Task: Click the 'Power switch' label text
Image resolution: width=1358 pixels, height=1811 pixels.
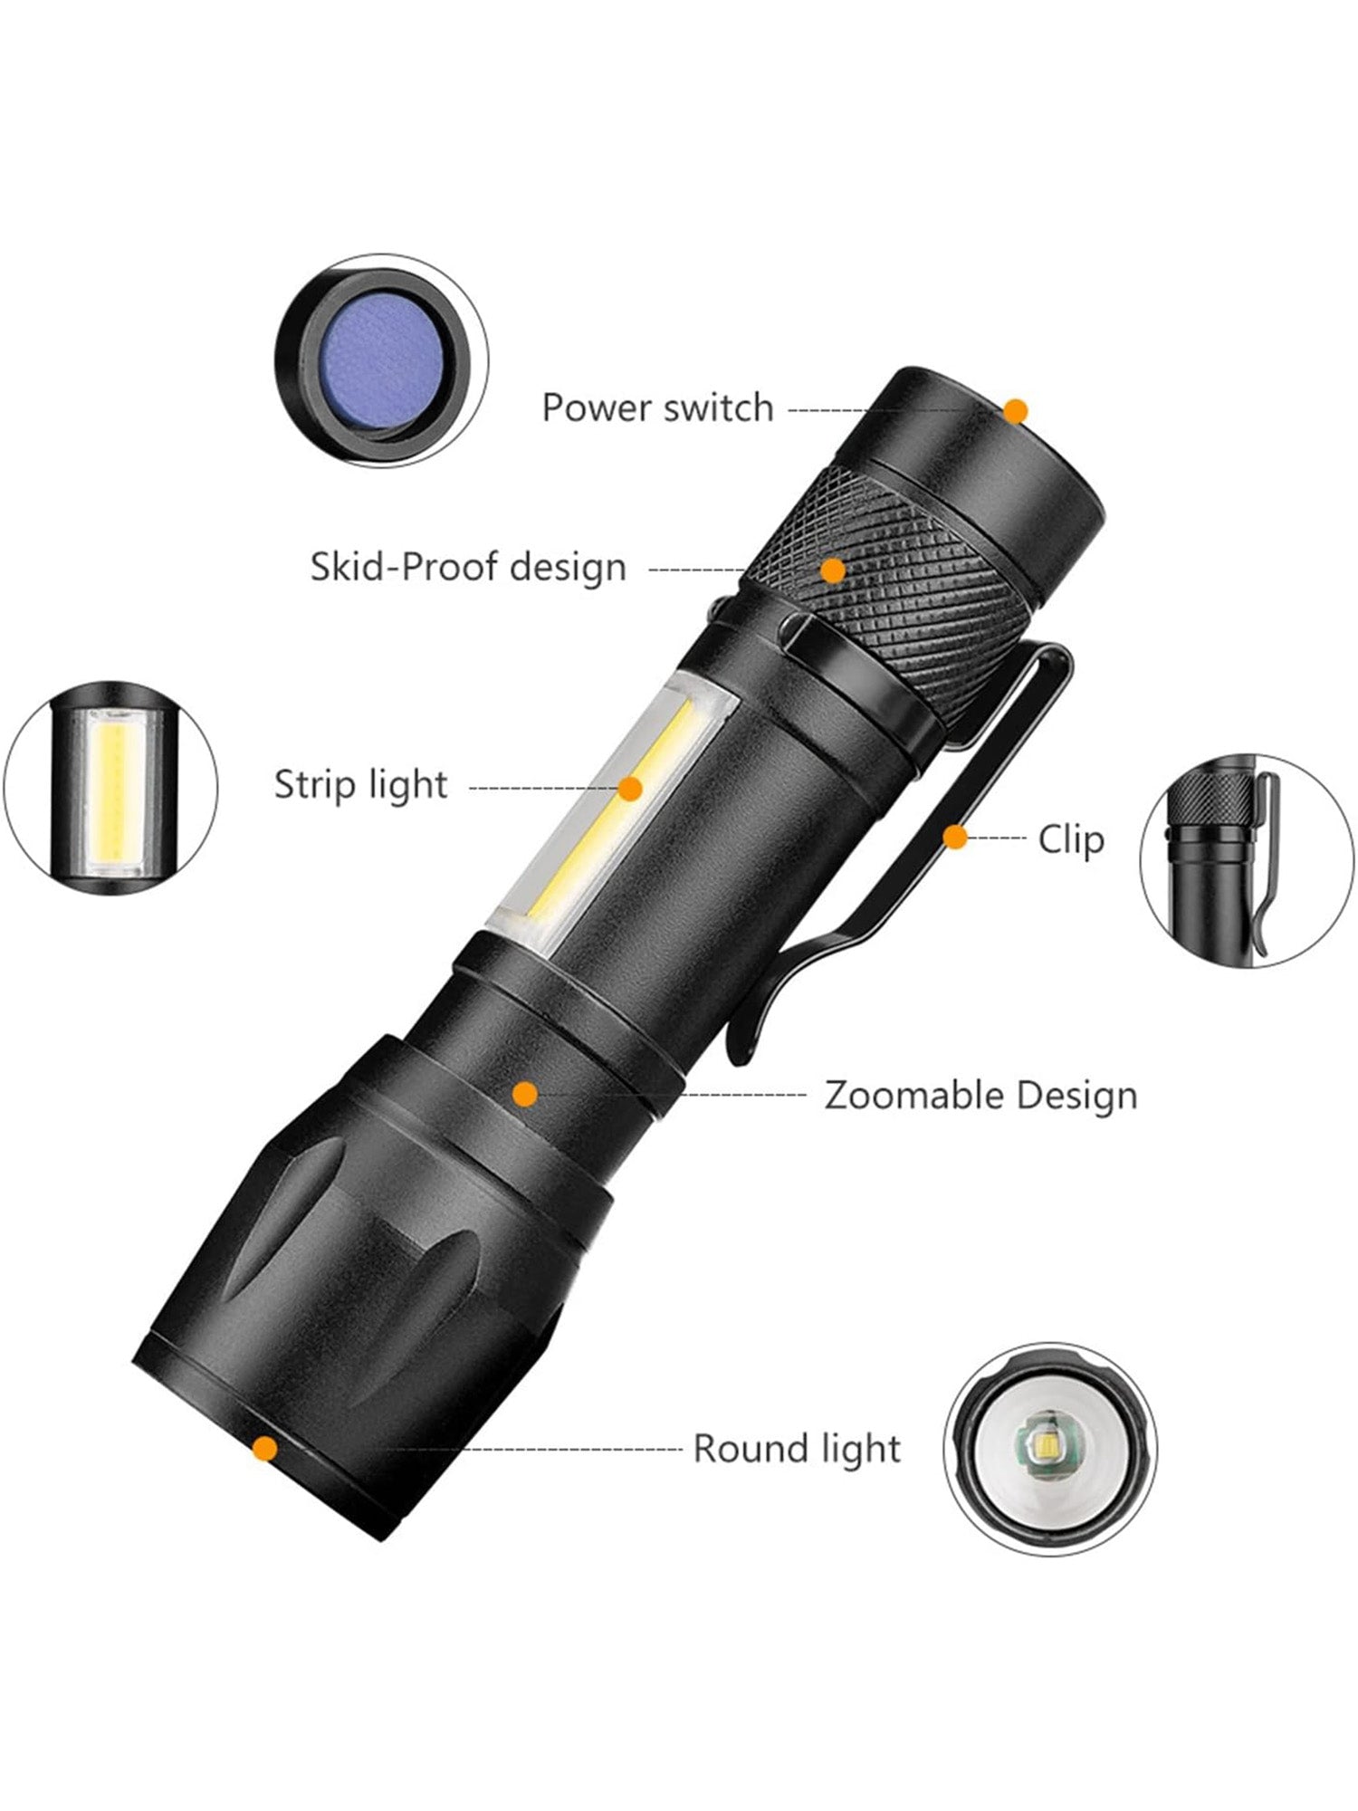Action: pos(657,408)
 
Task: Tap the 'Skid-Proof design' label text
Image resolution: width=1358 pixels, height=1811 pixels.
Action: pos(468,568)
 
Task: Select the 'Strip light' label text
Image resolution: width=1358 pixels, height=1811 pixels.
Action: pos(360,785)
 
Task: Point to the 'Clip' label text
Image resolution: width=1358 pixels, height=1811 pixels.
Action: pos(1071,839)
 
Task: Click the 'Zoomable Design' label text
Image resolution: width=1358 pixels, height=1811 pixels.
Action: pos(980,1096)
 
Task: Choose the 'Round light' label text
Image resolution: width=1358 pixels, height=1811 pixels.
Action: pos(797,1448)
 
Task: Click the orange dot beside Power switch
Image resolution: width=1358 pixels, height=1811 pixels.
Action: pos(1016,411)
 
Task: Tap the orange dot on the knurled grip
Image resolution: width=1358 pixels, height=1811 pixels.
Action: pos(833,570)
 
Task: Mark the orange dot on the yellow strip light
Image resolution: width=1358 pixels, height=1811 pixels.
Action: pos(630,789)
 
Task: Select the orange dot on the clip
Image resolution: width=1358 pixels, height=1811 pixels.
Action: pos(955,838)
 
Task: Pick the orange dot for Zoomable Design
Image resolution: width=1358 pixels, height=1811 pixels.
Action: pos(524,1095)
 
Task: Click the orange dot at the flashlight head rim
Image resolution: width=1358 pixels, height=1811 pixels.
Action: pos(264,1449)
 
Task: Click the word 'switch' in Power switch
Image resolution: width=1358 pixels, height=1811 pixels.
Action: pos(718,408)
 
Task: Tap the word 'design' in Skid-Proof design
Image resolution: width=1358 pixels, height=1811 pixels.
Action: pos(568,568)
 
